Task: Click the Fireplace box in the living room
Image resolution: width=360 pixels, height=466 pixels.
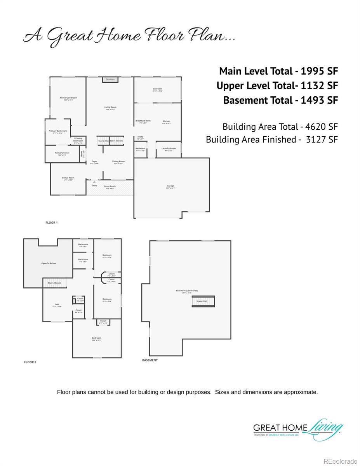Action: point(110,80)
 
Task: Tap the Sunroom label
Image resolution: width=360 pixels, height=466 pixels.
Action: point(157,90)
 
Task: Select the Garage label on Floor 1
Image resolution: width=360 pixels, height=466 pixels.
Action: point(170,187)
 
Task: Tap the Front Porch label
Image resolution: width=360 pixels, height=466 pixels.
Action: point(110,187)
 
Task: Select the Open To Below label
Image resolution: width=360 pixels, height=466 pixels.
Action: point(49,263)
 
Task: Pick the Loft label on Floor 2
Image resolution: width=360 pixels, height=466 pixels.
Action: point(57,305)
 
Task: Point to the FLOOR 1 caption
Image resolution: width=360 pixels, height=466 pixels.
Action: point(51,223)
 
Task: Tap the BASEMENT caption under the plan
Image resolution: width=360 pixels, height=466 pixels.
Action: point(150,360)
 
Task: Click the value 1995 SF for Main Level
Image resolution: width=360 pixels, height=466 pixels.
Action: point(319,71)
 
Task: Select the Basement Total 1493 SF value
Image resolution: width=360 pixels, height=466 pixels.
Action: point(319,100)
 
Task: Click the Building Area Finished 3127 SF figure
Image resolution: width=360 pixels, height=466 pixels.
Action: point(322,139)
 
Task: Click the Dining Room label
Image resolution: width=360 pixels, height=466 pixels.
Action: point(118,162)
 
